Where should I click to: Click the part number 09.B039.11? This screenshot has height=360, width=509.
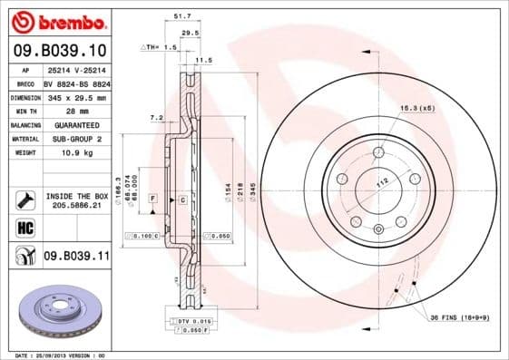76,258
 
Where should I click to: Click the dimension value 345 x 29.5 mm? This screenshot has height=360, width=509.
76,96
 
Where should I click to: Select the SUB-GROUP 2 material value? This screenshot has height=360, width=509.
76,139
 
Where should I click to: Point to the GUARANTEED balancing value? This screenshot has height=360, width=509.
76,125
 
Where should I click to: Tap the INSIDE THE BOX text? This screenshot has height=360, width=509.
76,195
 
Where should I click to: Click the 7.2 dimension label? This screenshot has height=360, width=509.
155,117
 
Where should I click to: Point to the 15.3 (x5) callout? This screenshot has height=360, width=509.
416,108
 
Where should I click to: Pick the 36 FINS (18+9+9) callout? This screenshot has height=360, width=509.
459,316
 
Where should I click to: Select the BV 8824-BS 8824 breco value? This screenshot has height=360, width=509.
76,83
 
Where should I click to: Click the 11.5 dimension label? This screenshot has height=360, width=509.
203,60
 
